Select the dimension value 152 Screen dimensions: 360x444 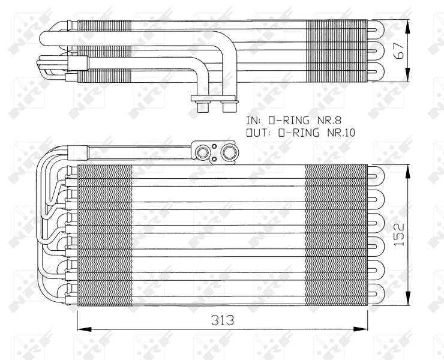point(398,235)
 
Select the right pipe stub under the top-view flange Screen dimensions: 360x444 point(229,107)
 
